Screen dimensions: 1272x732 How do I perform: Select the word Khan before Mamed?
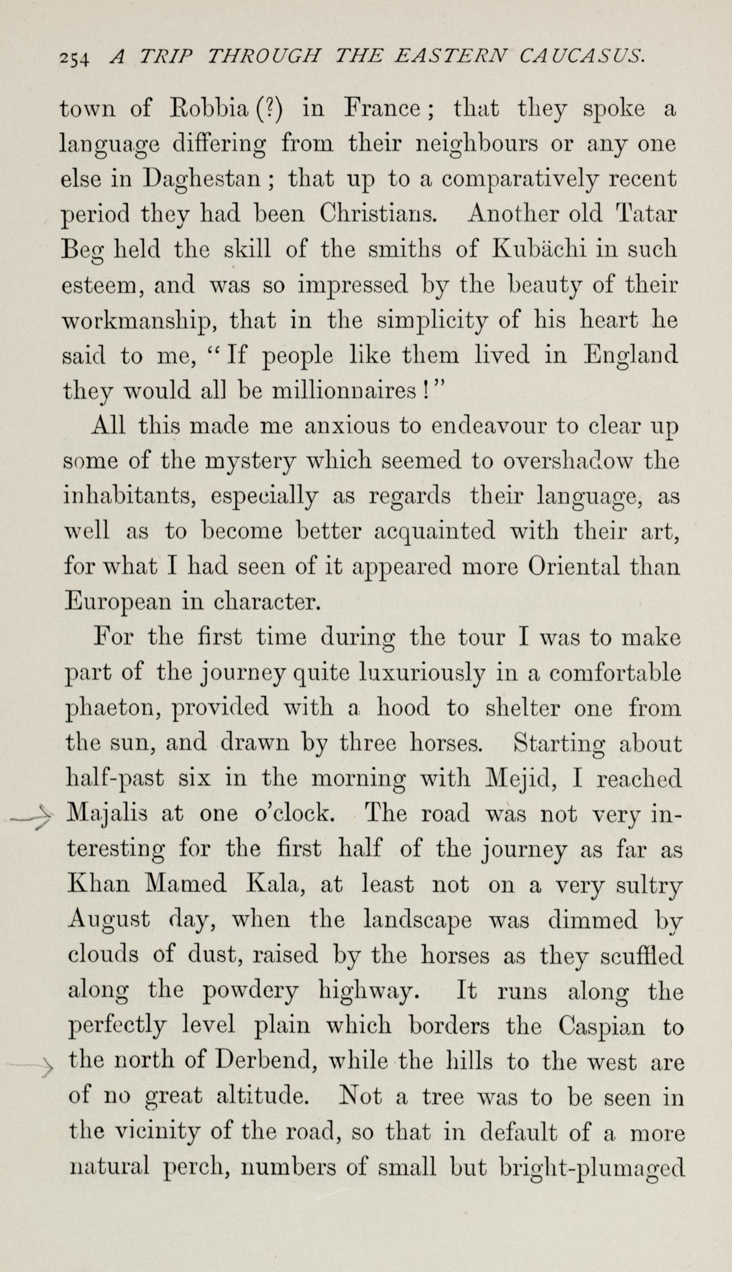pyautogui.click(x=98, y=884)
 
